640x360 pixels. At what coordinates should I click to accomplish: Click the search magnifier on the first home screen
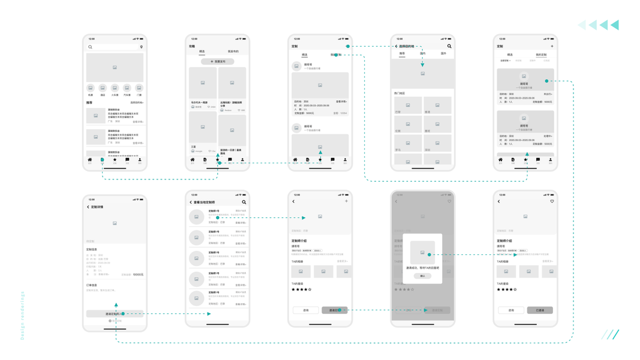91,47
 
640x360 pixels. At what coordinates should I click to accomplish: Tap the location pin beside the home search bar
142,47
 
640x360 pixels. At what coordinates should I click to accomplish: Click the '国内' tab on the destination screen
423,53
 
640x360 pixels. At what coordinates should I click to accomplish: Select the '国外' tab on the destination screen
443,53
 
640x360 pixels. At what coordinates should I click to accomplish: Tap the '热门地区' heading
399,94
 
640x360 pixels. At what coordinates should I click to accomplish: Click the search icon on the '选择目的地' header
449,46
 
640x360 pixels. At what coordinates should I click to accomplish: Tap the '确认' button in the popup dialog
422,276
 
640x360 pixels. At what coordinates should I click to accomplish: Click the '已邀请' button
540,310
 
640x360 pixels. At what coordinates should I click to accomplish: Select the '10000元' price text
138,275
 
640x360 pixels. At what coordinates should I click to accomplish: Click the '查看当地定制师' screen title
204,202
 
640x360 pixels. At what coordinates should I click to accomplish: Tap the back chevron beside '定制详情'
88,207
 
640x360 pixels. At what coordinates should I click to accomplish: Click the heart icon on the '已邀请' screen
552,202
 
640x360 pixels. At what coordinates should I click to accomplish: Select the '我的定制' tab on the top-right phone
541,55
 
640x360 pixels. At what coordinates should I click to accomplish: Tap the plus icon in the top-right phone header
552,46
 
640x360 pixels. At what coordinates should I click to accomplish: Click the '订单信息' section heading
92,286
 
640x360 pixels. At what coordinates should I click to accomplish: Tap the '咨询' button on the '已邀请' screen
511,310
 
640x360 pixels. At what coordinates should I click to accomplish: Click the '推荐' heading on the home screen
89,103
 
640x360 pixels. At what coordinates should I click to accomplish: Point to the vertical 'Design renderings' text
23,316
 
